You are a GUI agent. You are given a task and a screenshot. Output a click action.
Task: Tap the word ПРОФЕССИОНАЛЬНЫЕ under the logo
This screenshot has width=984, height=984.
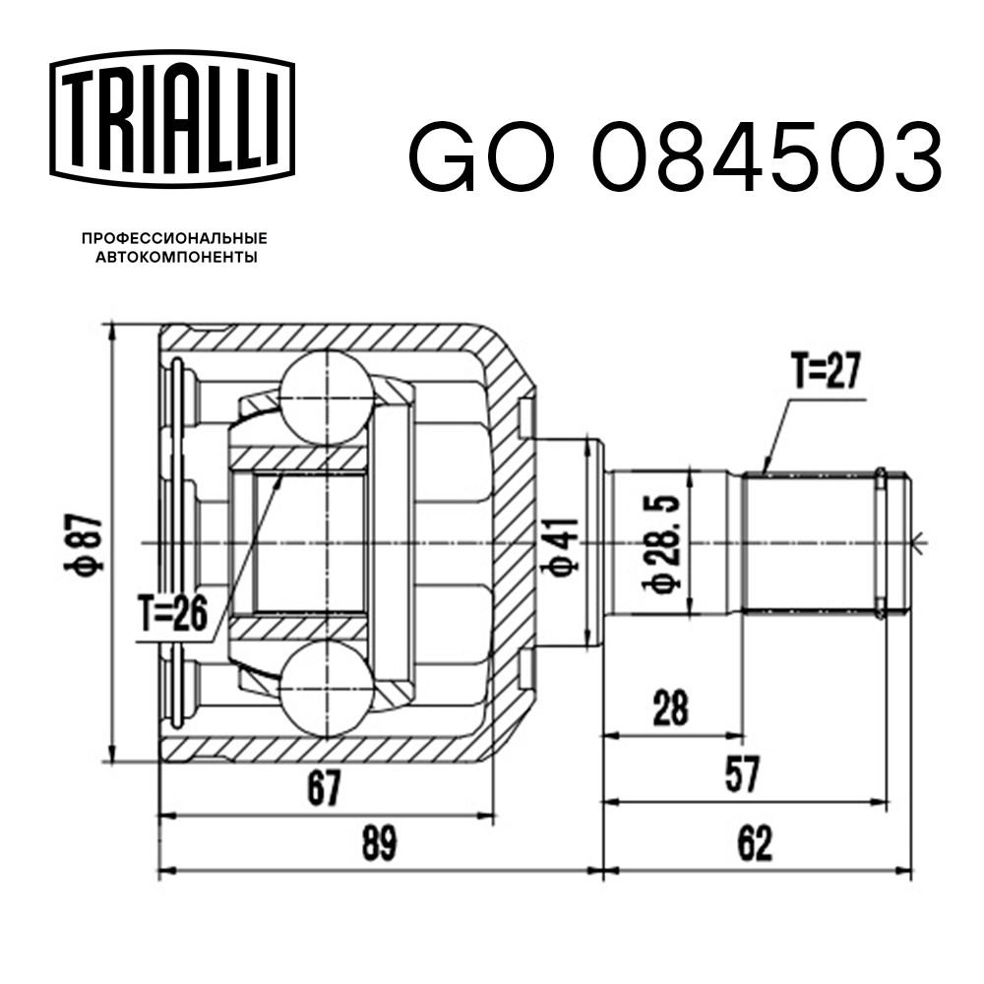coord(174,239)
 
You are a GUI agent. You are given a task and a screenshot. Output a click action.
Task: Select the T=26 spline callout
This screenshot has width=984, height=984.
coord(172,615)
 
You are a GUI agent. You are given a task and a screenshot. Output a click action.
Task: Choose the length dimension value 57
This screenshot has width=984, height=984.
coord(745,776)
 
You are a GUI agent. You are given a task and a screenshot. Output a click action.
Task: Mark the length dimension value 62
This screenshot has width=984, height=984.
coord(751,843)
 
